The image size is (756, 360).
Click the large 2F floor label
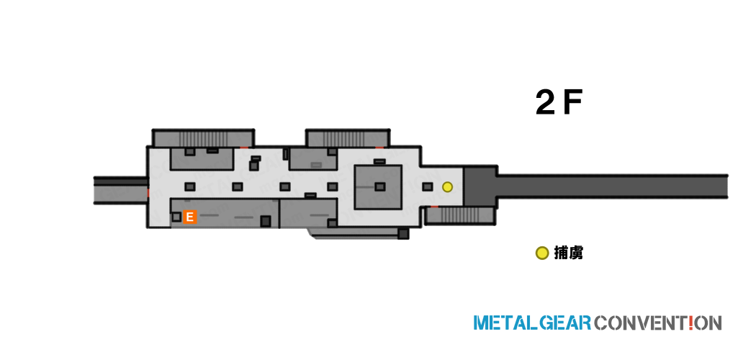pyautogui.click(x=559, y=104)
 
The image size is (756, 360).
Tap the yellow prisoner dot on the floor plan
pyautogui.click(x=448, y=186)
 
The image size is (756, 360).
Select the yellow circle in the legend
pyautogui.click(x=542, y=253)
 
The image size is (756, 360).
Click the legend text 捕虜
pyautogui.click(x=569, y=253)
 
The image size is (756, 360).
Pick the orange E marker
pyautogui.click(x=190, y=217)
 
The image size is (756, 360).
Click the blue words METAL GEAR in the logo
pyautogui.click(x=532, y=323)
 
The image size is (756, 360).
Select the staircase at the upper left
pyautogui.click(x=204, y=138)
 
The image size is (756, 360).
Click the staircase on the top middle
pyautogui.click(x=348, y=138)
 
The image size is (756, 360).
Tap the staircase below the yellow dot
pyautogui.click(x=459, y=215)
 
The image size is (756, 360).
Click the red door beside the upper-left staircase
pyautogui.click(x=245, y=147)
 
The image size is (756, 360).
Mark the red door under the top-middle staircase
pyautogui.click(x=380, y=147)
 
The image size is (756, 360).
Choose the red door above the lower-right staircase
pyautogui.click(x=434, y=207)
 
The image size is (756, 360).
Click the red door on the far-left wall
pyautogui.click(x=148, y=193)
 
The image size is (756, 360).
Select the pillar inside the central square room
pyautogui.click(x=380, y=186)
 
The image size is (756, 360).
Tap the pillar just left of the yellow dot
pyautogui.click(x=427, y=186)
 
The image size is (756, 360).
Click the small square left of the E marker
pyautogui.click(x=176, y=217)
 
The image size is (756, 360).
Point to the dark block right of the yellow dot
pyautogui.click(x=480, y=186)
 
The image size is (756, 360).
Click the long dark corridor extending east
pyautogui.click(x=612, y=186)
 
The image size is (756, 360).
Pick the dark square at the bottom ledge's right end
pyautogui.click(x=403, y=234)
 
